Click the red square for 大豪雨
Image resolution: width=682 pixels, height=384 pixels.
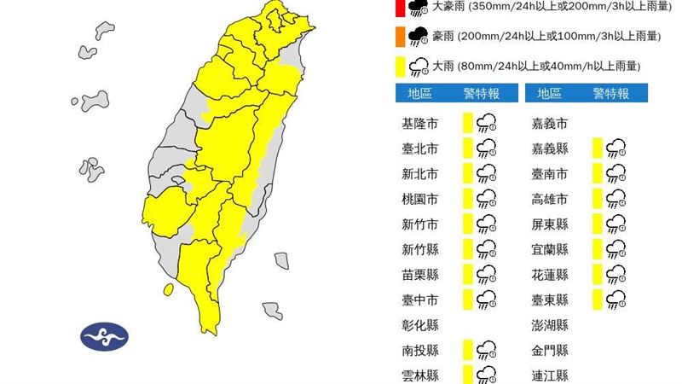coord(400,8)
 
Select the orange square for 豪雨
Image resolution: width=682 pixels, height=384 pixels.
coord(400,36)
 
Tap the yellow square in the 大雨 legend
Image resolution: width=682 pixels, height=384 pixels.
coord(400,65)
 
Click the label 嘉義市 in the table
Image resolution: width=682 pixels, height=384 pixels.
coord(549,124)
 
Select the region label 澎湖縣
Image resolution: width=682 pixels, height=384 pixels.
coord(549,324)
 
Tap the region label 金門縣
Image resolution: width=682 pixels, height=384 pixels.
coord(549,350)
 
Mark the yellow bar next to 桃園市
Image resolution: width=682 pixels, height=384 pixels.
coord(467,199)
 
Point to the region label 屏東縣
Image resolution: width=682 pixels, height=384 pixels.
coord(549,224)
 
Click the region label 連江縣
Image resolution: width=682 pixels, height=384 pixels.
coord(549,375)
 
